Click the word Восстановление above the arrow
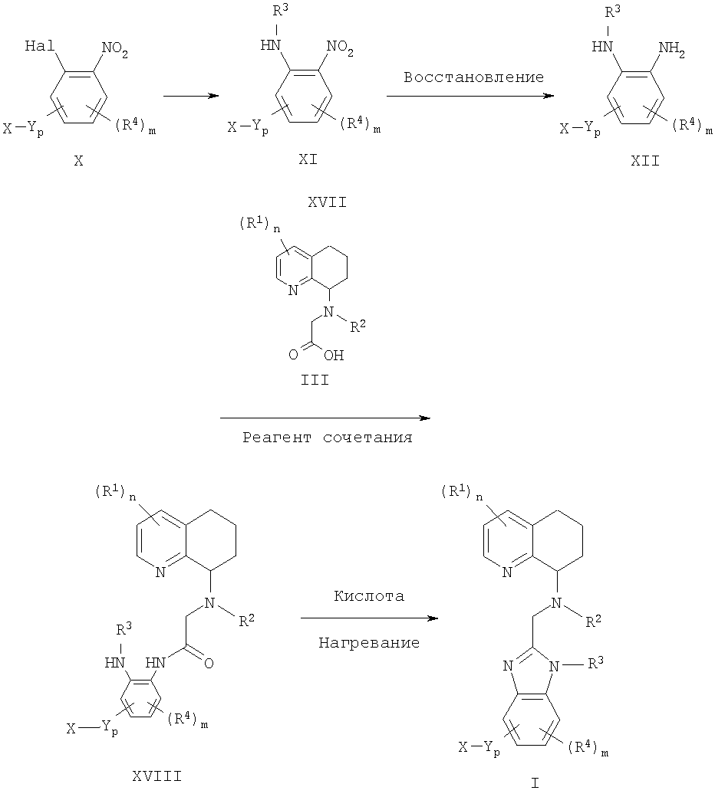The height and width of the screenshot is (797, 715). (473, 77)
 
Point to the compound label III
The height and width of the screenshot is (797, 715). (315, 378)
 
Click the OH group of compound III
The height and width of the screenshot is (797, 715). (334, 355)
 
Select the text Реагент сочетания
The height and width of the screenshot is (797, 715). (328, 438)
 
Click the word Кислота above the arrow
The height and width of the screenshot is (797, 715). (369, 595)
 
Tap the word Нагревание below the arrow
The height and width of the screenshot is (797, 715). (369, 643)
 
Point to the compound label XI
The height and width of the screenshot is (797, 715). (308, 161)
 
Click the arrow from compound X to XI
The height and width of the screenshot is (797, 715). (191, 96)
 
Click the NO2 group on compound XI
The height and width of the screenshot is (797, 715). (341, 52)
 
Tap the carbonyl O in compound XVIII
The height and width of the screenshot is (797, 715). (209, 662)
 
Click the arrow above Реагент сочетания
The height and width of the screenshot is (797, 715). (325, 418)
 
